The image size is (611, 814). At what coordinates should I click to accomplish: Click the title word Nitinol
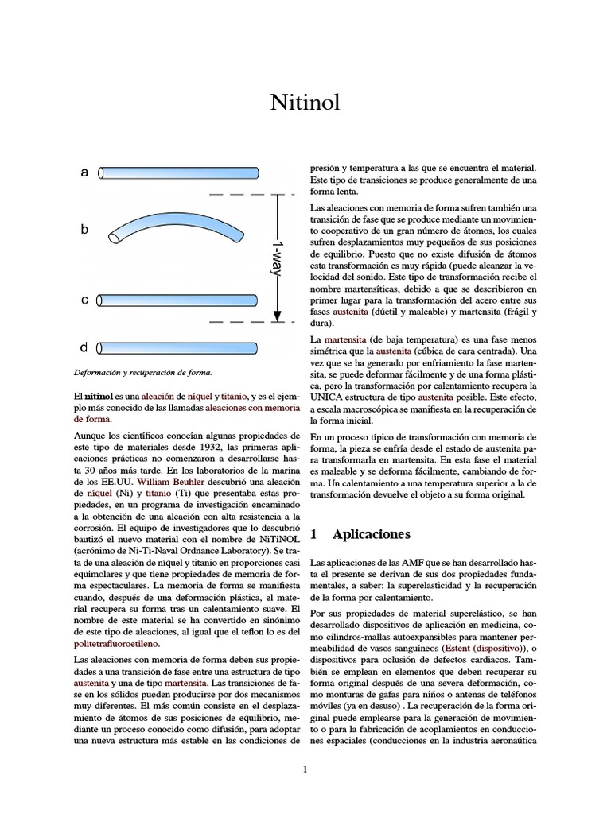pyautogui.click(x=305, y=103)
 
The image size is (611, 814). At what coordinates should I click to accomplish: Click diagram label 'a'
pyautogui.click(x=84, y=172)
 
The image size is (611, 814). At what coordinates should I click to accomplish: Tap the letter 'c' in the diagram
pyautogui.click(x=84, y=300)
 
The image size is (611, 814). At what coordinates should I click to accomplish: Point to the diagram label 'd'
pyautogui.click(x=84, y=347)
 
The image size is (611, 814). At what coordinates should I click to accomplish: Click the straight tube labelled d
pyautogui.click(x=178, y=347)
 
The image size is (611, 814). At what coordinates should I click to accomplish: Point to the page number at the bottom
pyautogui.click(x=305, y=769)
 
